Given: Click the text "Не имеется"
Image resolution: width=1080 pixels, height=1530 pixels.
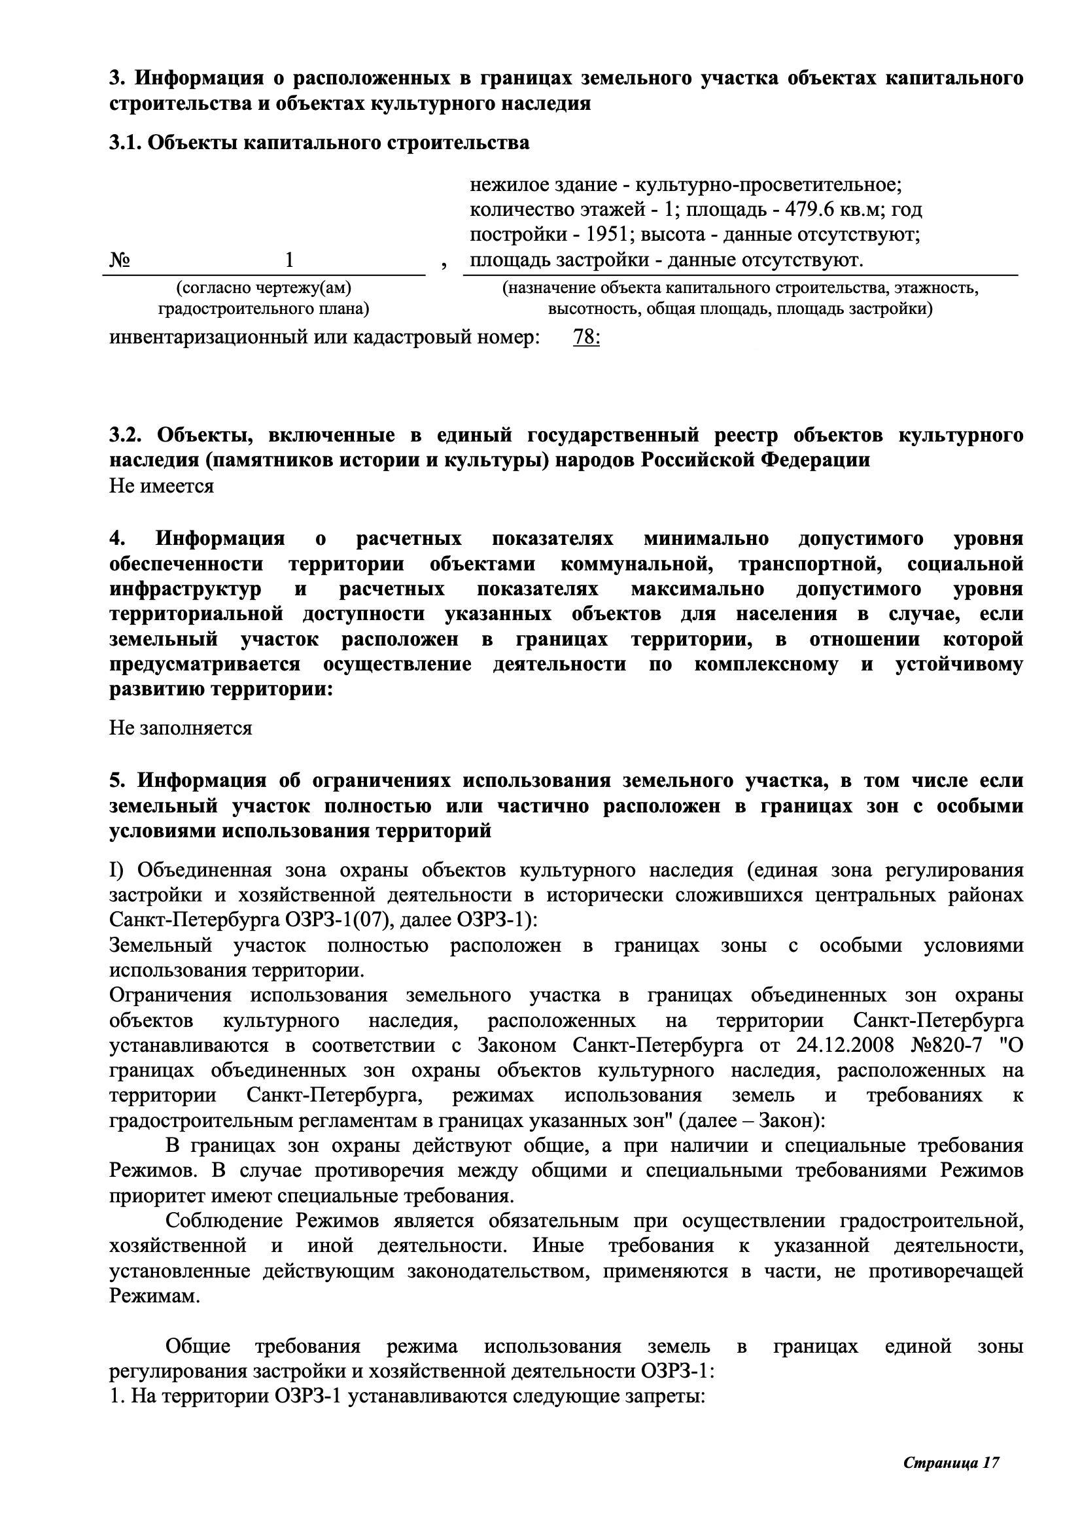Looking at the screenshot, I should click(161, 486).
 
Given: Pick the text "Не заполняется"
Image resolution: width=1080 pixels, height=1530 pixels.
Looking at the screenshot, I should click(181, 727).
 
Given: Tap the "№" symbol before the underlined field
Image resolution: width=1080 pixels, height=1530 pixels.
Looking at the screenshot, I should click(120, 260).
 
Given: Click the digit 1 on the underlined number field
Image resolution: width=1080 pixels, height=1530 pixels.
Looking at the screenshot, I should click(289, 260).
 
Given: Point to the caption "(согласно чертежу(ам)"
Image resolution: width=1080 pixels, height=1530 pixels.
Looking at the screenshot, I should click(263, 288).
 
